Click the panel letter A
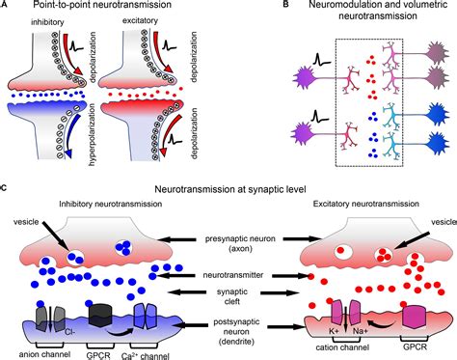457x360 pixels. pyautogui.click(x=6, y=7)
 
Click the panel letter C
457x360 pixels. pyautogui.click(x=6, y=177)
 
